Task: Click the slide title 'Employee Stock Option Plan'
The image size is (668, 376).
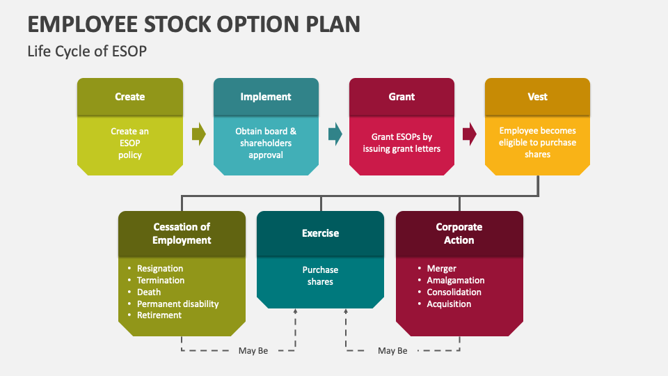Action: click(194, 23)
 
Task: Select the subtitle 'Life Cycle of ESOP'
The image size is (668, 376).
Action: click(87, 51)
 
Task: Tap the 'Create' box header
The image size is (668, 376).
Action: click(130, 97)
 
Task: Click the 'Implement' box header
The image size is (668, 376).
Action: click(266, 97)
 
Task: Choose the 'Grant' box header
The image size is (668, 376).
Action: click(401, 97)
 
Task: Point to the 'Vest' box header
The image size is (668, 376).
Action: click(537, 97)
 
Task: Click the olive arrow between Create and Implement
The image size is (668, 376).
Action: click(199, 134)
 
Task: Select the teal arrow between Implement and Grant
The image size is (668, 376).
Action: click(335, 134)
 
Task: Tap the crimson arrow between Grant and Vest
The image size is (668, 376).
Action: click(470, 134)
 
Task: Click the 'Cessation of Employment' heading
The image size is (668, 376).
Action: click(182, 233)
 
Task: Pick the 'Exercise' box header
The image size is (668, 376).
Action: click(320, 233)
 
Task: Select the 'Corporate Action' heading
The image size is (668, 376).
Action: click(459, 233)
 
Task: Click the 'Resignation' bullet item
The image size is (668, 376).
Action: click(160, 269)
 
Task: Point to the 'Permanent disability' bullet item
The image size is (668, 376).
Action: click(177, 304)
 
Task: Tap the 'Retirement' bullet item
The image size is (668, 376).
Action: click(159, 315)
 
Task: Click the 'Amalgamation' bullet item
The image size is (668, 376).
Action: click(455, 281)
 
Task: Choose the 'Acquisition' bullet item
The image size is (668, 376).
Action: click(449, 304)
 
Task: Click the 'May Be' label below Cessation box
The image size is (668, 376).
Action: click(253, 351)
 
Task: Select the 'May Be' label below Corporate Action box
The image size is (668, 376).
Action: click(392, 351)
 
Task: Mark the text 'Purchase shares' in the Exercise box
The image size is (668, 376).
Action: click(320, 276)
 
